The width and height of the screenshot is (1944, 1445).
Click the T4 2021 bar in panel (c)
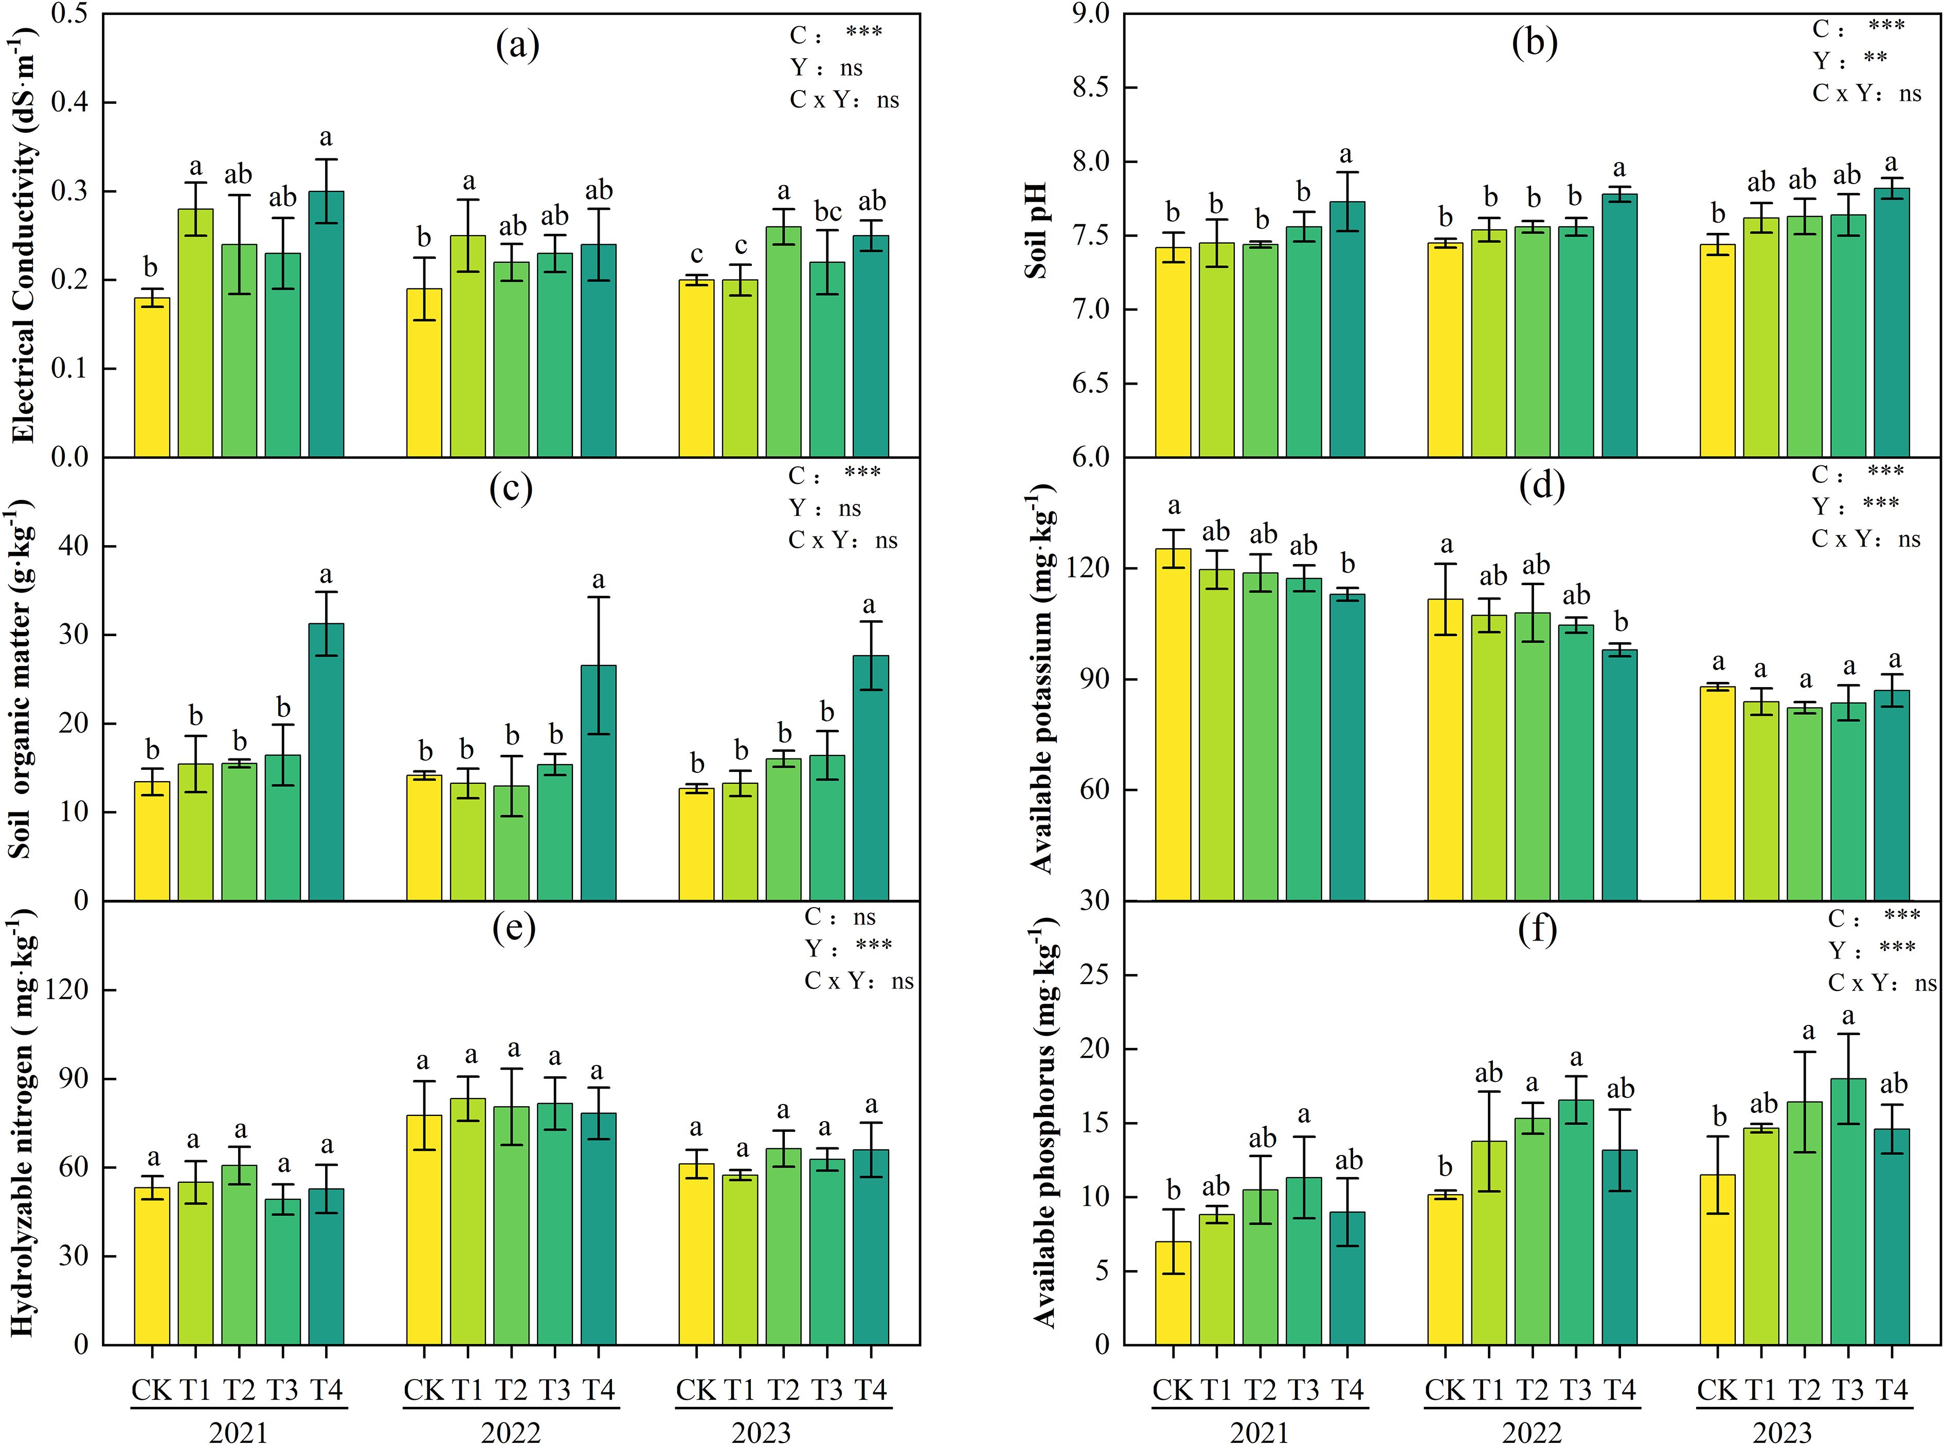click(327, 761)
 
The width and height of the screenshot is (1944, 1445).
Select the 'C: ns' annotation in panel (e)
click(840, 917)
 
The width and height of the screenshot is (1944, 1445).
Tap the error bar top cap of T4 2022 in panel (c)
click(599, 598)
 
